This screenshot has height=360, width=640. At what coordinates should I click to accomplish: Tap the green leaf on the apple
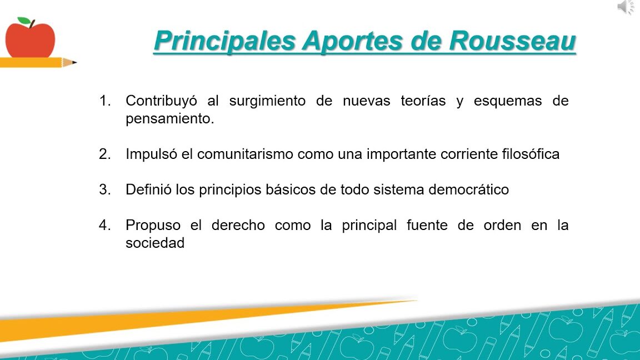[24, 21]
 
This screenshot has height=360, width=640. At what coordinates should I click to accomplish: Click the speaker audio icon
[626, 7]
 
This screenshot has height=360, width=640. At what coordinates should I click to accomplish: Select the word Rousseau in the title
[512, 41]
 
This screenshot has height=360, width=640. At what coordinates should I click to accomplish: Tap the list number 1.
[105, 101]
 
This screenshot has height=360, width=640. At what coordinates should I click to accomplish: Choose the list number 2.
[105, 154]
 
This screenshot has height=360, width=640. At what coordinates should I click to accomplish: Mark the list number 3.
[105, 189]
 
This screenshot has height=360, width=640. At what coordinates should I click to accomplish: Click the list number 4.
[105, 225]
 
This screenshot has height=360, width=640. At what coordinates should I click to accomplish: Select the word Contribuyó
[161, 101]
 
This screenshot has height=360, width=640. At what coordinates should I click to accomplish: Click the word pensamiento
[170, 119]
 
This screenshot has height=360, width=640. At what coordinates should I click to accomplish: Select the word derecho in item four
[238, 225]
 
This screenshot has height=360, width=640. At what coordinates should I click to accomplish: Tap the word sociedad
[155, 243]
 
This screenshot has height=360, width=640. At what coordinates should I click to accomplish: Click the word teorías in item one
[423, 101]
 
